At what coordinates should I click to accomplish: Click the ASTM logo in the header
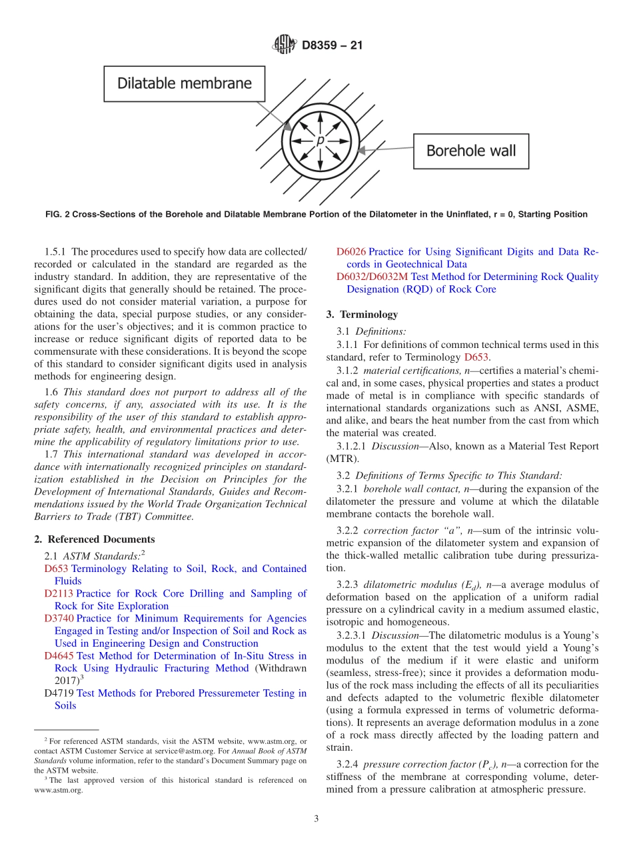pyautogui.click(x=284, y=45)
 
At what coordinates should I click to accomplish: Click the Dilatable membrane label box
pyautogui.click(x=185, y=83)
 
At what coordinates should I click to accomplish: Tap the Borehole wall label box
pyautogui.click(x=470, y=151)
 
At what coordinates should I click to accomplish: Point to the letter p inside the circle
pyautogui.click(x=320, y=140)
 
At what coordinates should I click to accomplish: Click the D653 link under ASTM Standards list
pyautogui.click(x=56, y=569)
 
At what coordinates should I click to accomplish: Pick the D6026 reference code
pyautogui.click(x=350, y=252)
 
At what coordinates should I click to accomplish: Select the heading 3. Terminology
pyautogui.click(x=362, y=314)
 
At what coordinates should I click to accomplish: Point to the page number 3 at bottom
pyautogui.click(x=316, y=819)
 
